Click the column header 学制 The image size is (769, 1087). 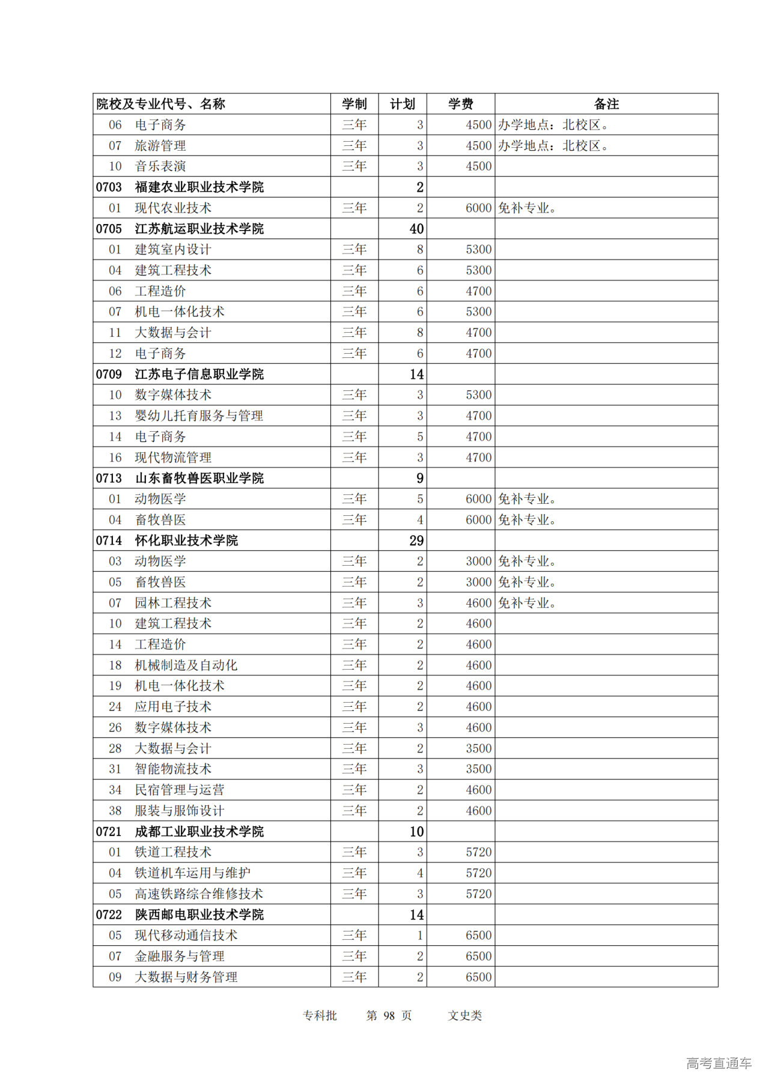[354, 104]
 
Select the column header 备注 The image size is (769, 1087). [606, 104]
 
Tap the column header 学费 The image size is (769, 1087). [460, 104]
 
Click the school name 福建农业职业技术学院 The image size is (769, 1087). [199, 187]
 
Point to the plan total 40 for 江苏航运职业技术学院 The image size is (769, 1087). [416, 229]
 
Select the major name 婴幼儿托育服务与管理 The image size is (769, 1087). [199, 416]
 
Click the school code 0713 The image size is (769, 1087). [109, 478]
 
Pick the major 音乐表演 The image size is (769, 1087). [160, 166]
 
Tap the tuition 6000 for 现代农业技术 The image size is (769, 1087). [478, 208]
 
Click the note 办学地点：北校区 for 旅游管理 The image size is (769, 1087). [553, 145]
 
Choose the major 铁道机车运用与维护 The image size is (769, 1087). [192, 873]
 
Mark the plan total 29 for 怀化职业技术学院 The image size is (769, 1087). [416, 540]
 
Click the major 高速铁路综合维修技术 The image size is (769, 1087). [199, 894]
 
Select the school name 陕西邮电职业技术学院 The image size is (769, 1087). [199, 915]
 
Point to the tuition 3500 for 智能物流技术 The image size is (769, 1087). [478, 769]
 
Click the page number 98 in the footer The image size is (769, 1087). [389, 1016]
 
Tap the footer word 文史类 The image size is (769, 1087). [464, 1016]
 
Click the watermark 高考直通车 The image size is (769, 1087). [719, 1063]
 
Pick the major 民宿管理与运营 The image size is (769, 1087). [180, 790]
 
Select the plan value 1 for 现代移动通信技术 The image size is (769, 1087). [420, 935]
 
